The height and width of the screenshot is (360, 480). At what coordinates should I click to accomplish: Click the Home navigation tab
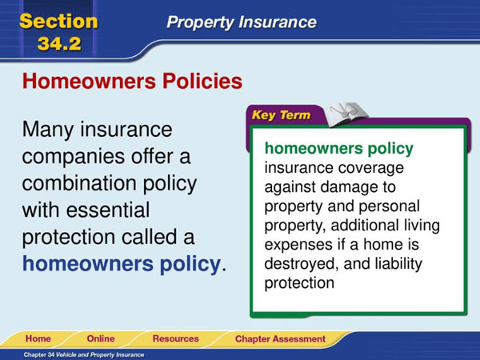pos(38,338)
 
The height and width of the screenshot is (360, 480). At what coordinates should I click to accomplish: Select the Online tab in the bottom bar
pos(101,338)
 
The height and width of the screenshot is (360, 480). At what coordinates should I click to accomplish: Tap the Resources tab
pos(176,338)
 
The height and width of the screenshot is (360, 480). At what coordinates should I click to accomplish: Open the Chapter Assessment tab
pos(280,339)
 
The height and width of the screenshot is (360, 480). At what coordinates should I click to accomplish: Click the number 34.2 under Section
pos(59,43)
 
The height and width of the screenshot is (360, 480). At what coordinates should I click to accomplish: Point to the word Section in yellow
pos(58,21)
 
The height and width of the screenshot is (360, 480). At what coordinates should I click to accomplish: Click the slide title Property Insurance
pos(242,22)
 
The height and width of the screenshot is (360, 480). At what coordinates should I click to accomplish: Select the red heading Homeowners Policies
pos(132,81)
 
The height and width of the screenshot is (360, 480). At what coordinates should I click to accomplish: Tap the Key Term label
pos(281,115)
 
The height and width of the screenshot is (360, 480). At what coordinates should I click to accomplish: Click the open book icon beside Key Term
pos(346,114)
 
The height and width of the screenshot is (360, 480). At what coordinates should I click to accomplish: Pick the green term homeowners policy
pos(339,149)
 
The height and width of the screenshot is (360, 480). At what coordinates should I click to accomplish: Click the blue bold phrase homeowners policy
pos(122,263)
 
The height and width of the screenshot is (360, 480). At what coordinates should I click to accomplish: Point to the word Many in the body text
pos(47,130)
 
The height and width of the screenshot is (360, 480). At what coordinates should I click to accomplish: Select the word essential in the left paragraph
pos(108,210)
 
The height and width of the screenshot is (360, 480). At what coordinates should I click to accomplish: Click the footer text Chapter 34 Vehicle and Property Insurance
pos(83,354)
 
